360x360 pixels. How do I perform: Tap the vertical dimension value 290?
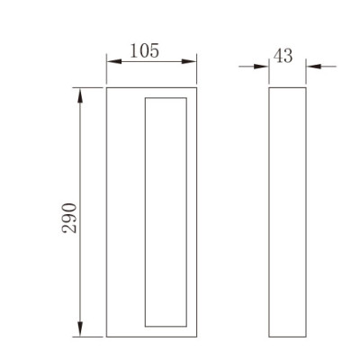[x=73, y=219]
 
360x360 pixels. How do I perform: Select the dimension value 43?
[x=283, y=55]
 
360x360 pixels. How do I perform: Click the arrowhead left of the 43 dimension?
[x=265, y=66]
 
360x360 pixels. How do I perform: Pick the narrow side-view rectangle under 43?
[x=288, y=211]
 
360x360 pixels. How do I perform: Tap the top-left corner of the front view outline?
[x=107, y=87]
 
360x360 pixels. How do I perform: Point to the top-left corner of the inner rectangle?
[x=145, y=94]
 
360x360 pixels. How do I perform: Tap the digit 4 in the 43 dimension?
[x=278, y=55]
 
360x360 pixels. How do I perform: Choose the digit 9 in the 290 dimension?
[x=73, y=219]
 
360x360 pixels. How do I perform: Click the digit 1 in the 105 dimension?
[x=134, y=51]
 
